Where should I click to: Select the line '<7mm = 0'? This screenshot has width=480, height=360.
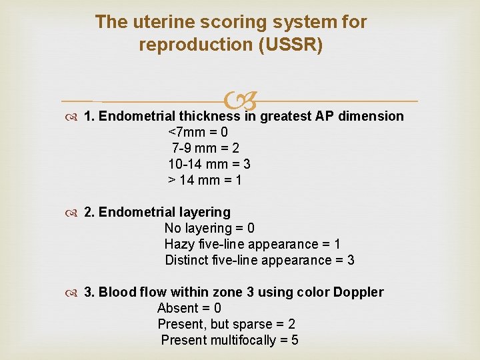pyautogui.click(x=198, y=132)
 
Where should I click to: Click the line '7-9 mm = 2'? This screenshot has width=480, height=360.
pyautogui.click(x=205, y=148)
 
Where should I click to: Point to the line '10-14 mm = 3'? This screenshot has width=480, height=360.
pyautogui.click(x=209, y=164)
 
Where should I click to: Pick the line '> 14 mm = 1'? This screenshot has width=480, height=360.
pyautogui.click(x=205, y=180)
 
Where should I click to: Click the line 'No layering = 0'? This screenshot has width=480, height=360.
pyautogui.click(x=209, y=228)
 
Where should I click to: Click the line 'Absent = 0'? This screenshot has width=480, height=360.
pyautogui.click(x=189, y=308)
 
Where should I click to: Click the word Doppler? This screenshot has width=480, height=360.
pyautogui.click(x=359, y=292)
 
